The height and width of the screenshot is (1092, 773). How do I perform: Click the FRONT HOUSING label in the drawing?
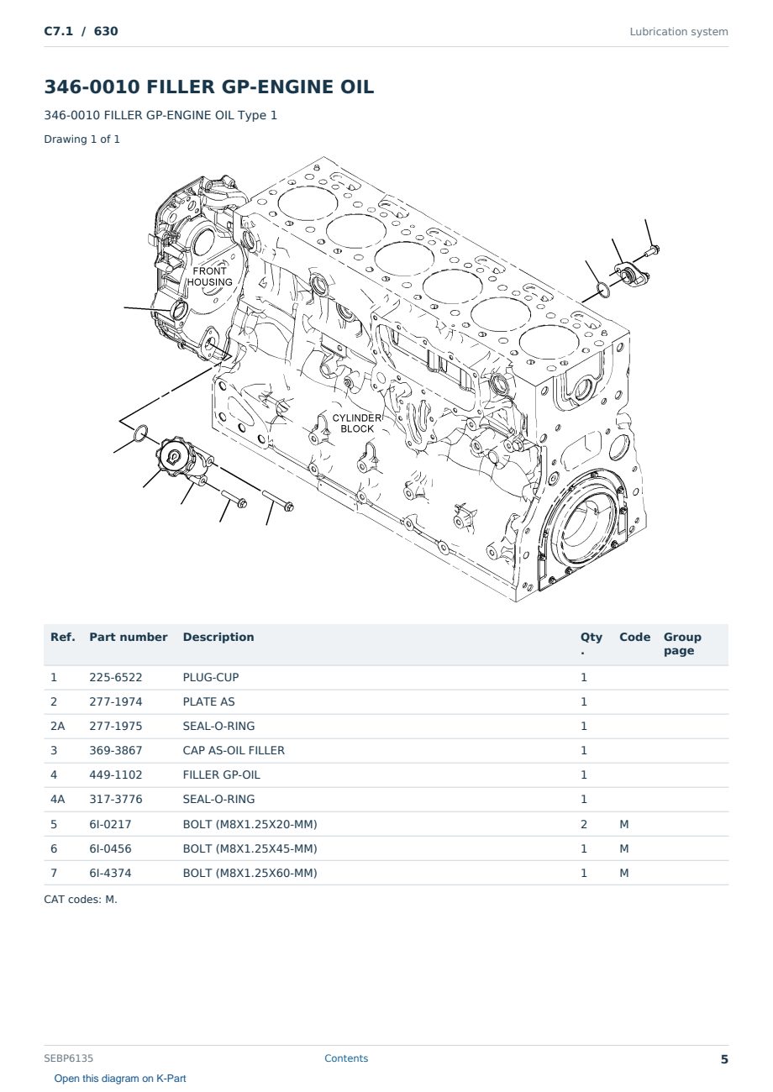[210, 276]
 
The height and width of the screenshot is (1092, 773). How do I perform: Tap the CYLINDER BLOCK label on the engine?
[357, 423]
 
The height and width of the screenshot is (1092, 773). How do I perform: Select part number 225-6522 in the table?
[116, 677]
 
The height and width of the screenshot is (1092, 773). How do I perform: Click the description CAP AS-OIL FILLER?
[234, 750]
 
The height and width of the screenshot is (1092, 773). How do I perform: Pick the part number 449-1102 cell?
[116, 774]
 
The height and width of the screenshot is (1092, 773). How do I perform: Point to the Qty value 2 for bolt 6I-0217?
[584, 824]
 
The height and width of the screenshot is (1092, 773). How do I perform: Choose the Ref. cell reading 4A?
[57, 799]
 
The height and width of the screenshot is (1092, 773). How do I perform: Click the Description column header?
[218, 637]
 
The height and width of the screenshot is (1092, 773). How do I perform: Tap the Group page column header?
[682, 643]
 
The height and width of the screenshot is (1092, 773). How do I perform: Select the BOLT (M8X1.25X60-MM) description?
[250, 873]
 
